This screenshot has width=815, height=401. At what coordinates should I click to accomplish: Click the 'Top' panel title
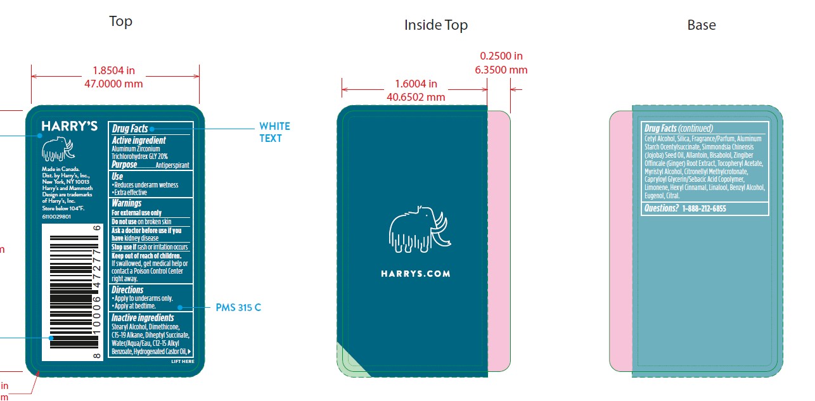point(120,22)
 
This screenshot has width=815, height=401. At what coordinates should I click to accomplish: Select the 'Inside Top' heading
point(435,25)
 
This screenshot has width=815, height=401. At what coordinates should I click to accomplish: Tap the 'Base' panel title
point(701,25)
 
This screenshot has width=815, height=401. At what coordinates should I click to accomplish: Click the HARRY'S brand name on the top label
point(69,126)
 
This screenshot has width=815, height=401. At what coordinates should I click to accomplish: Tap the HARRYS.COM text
point(416,274)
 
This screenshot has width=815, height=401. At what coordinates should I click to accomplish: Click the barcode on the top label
point(74,293)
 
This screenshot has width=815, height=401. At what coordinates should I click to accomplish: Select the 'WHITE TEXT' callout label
point(274,132)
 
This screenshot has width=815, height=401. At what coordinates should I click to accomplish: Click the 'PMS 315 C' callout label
point(238,308)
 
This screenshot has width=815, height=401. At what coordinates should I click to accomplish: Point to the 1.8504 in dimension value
point(113,70)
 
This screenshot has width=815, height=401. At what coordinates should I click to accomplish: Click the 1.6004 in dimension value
point(416,84)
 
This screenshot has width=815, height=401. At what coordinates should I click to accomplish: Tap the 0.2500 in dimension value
point(501,56)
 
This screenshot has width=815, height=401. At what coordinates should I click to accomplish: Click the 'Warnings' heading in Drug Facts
point(127,203)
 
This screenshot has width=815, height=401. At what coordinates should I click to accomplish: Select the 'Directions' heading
point(127,290)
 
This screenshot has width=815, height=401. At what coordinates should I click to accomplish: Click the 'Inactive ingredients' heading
point(143,318)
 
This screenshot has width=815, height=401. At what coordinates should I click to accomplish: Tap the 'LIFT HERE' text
point(183,362)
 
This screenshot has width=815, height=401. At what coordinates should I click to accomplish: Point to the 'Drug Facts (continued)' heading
point(679,128)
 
